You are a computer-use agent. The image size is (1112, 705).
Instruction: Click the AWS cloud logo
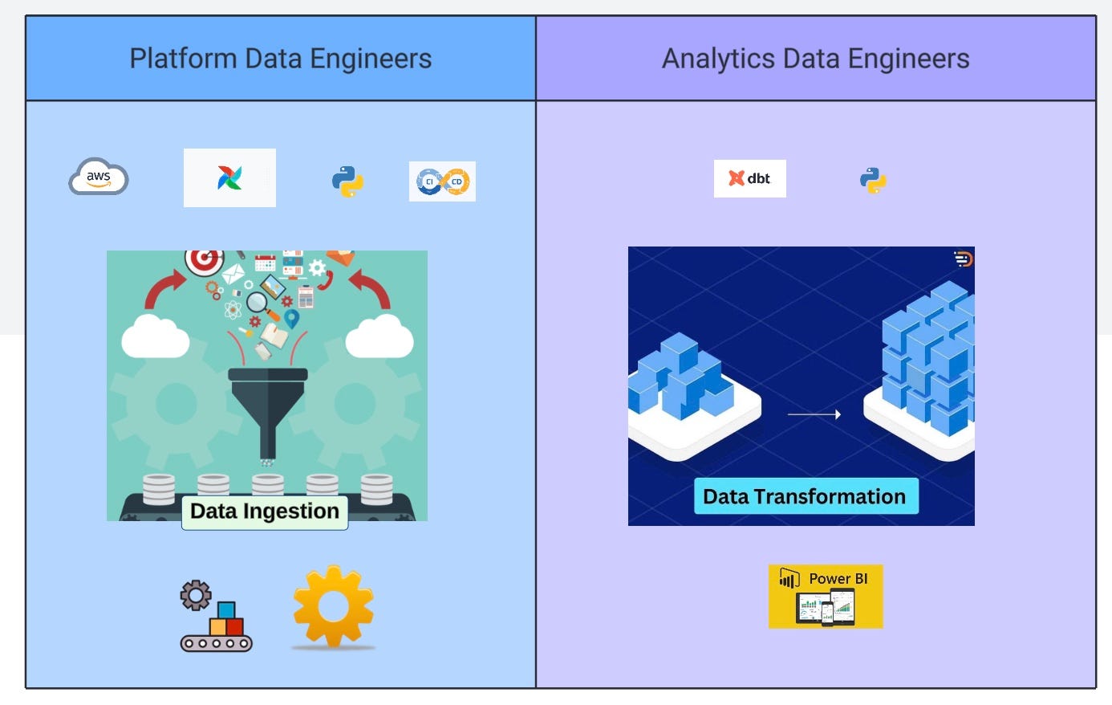click(98, 177)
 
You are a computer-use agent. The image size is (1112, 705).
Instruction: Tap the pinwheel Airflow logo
click(229, 177)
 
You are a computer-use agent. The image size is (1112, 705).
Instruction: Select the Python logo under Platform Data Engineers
click(348, 181)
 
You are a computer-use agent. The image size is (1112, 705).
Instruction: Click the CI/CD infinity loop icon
click(442, 181)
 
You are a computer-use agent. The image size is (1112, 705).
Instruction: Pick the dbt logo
click(749, 178)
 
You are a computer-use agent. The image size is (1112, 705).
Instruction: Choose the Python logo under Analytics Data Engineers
click(874, 181)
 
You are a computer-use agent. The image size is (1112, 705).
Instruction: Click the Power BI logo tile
click(826, 597)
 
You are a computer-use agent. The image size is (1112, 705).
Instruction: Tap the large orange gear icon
click(333, 606)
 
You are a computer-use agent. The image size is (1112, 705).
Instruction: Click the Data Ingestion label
click(265, 511)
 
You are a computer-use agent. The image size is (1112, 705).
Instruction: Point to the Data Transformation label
click(805, 496)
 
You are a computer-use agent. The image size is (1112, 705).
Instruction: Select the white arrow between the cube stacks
click(814, 414)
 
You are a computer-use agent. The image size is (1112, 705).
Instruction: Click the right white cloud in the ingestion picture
click(379, 337)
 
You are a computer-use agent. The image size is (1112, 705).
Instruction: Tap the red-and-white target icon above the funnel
click(204, 261)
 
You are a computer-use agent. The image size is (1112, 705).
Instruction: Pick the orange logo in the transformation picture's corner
click(963, 259)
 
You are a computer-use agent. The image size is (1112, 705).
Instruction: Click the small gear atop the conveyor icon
click(196, 596)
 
